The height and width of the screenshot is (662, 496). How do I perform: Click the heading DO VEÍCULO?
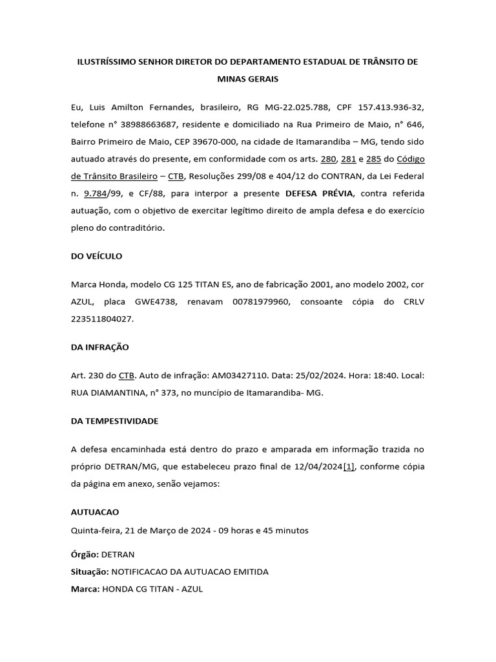click(96, 256)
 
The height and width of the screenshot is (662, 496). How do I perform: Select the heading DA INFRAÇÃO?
click(100, 347)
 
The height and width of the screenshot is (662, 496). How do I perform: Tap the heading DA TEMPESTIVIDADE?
click(114, 421)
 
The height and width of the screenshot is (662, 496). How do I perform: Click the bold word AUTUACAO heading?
click(95, 512)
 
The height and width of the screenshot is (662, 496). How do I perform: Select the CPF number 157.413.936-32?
click(390, 106)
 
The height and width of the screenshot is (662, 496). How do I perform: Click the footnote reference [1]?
click(349, 467)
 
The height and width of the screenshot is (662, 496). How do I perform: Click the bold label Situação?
click(90, 572)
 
